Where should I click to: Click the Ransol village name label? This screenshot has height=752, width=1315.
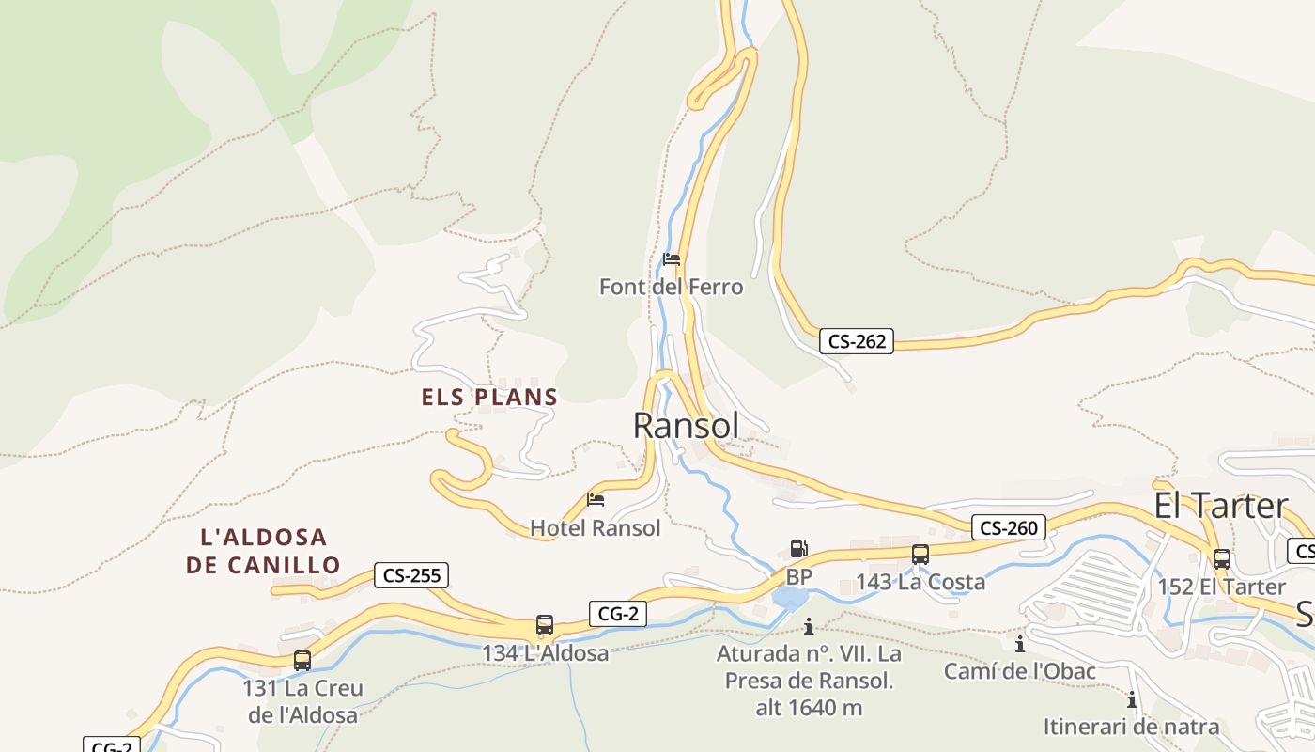(x=686, y=426)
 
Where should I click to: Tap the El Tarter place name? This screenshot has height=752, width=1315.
(x=1221, y=506)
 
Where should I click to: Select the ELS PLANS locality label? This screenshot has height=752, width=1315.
(x=489, y=398)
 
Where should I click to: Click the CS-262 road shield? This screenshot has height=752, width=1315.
(x=856, y=341)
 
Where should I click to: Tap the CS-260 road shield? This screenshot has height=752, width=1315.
(x=1009, y=527)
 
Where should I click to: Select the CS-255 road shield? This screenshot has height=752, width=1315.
(x=411, y=575)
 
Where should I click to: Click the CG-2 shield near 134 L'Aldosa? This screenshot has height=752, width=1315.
(x=618, y=614)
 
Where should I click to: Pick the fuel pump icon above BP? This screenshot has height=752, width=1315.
(x=798, y=549)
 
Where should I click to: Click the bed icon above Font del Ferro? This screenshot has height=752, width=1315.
(x=672, y=259)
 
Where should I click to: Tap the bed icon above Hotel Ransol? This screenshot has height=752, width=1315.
(x=596, y=500)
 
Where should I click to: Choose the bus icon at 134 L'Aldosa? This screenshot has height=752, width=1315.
(x=545, y=625)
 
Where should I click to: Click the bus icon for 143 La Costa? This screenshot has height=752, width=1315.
(x=920, y=555)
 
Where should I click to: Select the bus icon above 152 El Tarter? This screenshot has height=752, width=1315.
(x=1221, y=559)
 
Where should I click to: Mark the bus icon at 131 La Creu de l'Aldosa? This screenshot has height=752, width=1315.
(x=302, y=661)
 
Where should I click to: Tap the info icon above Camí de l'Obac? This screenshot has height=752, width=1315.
(x=1020, y=645)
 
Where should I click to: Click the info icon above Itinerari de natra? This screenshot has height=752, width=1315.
(x=1132, y=700)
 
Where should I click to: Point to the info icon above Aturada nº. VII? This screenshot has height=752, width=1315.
(x=808, y=626)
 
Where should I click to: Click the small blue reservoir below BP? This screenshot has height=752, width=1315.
(x=790, y=598)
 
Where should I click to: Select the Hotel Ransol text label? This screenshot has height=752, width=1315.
(x=596, y=528)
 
